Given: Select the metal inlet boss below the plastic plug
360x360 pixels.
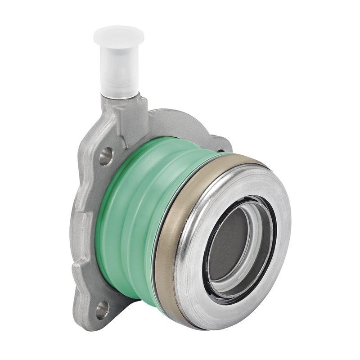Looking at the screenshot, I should pyautogui.click(x=128, y=112).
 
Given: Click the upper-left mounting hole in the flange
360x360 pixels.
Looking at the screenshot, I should pyautogui.click(x=105, y=156).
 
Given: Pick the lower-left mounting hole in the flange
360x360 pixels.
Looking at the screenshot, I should pyautogui.click(x=102, y=310).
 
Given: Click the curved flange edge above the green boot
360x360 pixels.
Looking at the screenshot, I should pyautogui.click(x=180, y=118).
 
